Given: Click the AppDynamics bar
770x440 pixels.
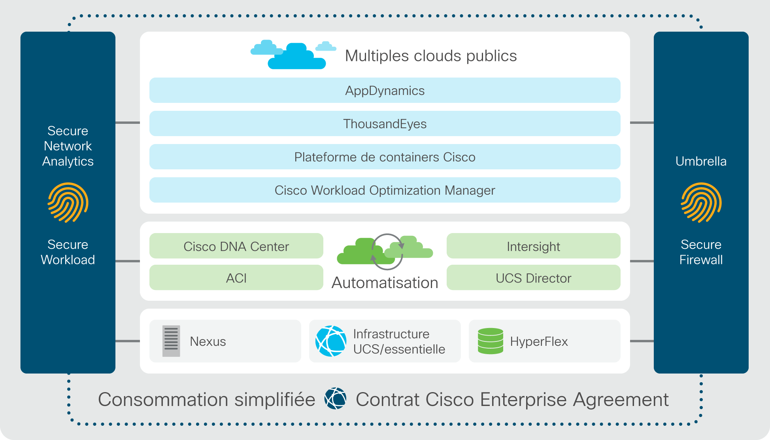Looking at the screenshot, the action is pos(385,90).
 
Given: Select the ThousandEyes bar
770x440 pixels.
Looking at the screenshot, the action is pos(385,123).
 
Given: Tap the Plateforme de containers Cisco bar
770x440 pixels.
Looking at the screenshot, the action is pos(385,157).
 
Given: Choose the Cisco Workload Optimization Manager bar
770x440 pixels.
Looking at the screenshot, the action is pos(385,190).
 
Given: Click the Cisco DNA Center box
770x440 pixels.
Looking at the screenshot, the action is pos(236,246).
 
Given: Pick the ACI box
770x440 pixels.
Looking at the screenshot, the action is pos(236,277).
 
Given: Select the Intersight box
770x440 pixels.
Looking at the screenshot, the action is pos(533,246).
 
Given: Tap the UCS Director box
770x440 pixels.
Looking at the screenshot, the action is pos(533,277).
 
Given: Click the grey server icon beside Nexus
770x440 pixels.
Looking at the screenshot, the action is pos(171,341).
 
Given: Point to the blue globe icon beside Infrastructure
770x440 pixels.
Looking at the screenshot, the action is pos(331,341).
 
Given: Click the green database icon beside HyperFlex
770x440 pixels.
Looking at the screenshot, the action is pos(491,341).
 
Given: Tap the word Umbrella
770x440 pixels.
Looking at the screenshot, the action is pos(701,161).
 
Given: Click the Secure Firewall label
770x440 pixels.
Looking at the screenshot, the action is pos(701,252).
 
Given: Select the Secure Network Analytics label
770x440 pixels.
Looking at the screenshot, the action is pos(68,146).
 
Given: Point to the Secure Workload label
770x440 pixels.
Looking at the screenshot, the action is pos(68,252).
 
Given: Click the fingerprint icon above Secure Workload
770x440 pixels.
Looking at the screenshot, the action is pos(68,203).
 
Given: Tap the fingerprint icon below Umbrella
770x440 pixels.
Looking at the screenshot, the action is pos(701,203).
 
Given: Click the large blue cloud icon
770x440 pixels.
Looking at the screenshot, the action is pos(297,56).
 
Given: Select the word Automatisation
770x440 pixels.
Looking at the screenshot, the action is pos(385,283).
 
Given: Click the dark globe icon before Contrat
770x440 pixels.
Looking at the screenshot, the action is pos(335,398).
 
